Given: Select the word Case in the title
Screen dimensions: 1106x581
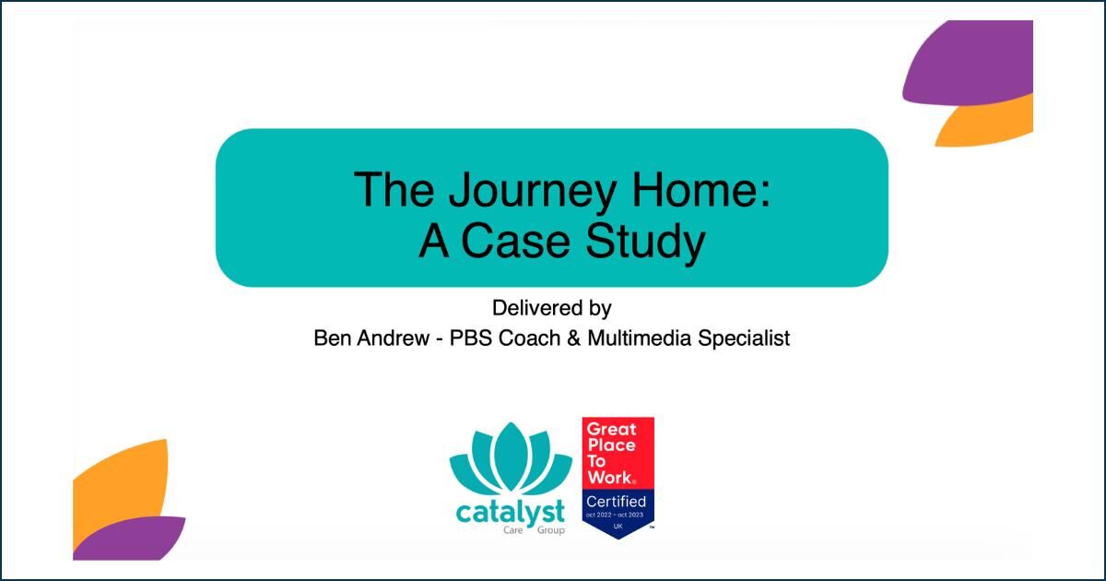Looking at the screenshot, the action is [x=515, y=241].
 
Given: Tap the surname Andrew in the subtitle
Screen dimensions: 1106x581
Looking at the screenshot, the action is [x=393, y=338].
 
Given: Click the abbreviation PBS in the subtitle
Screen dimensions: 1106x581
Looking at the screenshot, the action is [x=471, y=338].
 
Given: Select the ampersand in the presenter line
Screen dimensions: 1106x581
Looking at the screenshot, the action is [x=573, y=338].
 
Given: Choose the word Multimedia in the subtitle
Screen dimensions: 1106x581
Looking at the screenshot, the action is [x=640, y=338].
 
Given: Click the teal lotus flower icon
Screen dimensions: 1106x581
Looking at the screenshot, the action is [x=511, y=459].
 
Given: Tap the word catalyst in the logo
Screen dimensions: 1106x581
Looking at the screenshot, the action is [x=510, y=513].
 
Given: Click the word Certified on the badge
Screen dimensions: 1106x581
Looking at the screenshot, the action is [x=616, y=502].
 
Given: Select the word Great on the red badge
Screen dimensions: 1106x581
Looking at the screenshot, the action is [x=612, y=429].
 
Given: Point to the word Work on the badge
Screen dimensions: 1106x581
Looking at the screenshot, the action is [x=610, y=478].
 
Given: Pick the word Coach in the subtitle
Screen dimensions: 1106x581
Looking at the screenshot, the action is [x=529, y=338].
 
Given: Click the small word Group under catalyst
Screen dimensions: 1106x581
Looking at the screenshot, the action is [x=551, y=530].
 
